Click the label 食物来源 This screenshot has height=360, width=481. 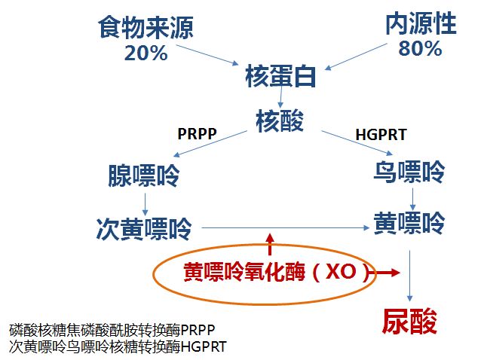point(146,28)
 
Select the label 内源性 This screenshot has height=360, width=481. point(421,25)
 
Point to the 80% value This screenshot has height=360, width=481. point(420,49)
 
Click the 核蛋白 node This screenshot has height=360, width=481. point(280,77)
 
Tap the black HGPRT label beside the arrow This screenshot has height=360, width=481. point(381,136)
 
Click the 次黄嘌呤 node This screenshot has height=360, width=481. point(144,226)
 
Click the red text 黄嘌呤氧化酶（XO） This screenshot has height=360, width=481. point(279,273)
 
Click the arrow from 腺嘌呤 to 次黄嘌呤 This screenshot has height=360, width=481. point(145,203)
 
